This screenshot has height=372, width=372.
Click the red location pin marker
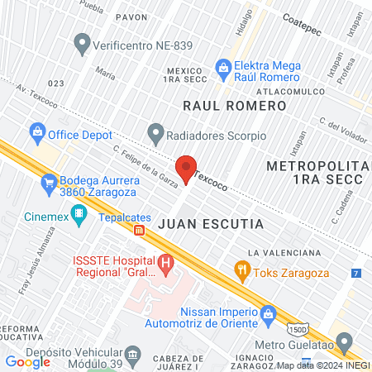[x=186, y=168]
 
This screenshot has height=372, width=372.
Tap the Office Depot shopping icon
[x=36, y=131]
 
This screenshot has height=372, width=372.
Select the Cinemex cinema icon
[x=79, y=216]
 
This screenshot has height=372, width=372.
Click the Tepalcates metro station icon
[x=141, y=229]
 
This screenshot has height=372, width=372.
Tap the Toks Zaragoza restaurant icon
[x=242, y=269]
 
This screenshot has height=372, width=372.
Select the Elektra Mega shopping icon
[x=222, y=66]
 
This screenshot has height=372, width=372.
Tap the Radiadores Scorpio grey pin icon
[x=155, y=131]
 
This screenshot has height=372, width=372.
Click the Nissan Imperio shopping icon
[x=268, y=314]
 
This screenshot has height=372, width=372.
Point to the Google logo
[x=28, y=361]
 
